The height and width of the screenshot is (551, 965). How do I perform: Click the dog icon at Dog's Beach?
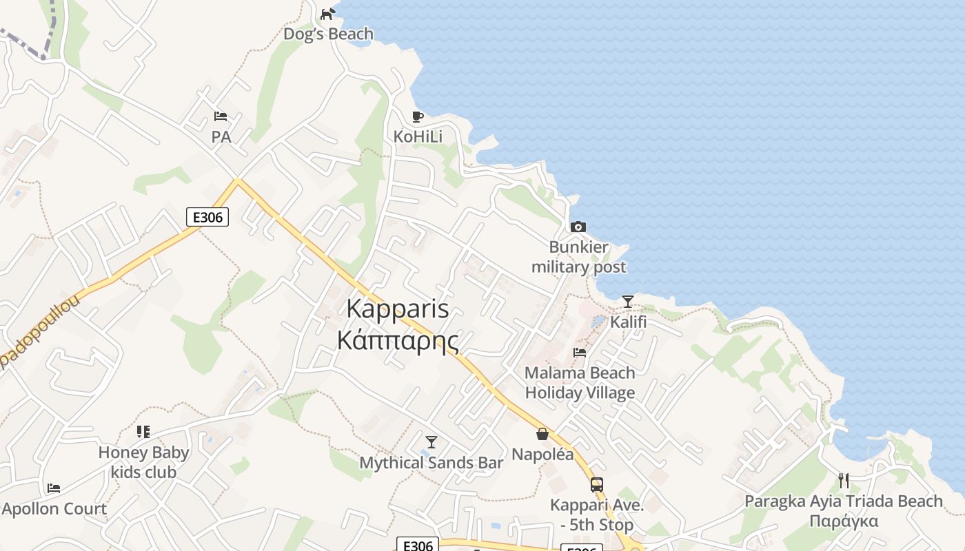click(x=327, y=13)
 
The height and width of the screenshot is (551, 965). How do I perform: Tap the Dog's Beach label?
click(x=329, y=34)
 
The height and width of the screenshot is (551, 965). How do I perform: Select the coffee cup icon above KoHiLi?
click(x=417, y=116)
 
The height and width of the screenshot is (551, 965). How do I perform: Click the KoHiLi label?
click(x=418, y=137)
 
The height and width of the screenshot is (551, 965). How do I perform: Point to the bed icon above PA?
click(x=221, y=116)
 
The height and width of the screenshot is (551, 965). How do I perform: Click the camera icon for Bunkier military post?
click(x=578, y=227)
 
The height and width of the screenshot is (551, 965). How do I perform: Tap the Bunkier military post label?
click(x=579, y=257)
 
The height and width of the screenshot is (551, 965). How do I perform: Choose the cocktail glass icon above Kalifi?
click(x=627, y=302)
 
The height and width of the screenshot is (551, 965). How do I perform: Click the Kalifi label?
click(x=629, y=322)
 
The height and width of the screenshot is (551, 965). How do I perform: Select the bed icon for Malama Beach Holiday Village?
click(x=580, y=353)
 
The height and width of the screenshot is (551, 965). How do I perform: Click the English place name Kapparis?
click(x=398, y=309)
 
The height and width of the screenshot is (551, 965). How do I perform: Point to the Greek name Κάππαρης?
click(x=398, y=340)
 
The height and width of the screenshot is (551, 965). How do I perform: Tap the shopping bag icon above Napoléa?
click(x=542, y=434)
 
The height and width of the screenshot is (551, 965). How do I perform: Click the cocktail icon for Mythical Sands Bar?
click(x=431, y=442)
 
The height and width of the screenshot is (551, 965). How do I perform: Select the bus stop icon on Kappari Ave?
click(x=597, y=485)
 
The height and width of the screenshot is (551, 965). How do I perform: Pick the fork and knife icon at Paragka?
click(x=844, y=480)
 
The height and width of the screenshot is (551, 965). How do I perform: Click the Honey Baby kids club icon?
click(x=143, y=432)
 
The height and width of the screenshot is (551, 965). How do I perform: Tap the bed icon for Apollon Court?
click(x=54, y=488)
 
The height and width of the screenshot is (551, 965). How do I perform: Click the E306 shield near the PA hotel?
click(x=207, y=217)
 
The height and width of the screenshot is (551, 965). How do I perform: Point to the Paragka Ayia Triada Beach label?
click(x=844, y=501)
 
